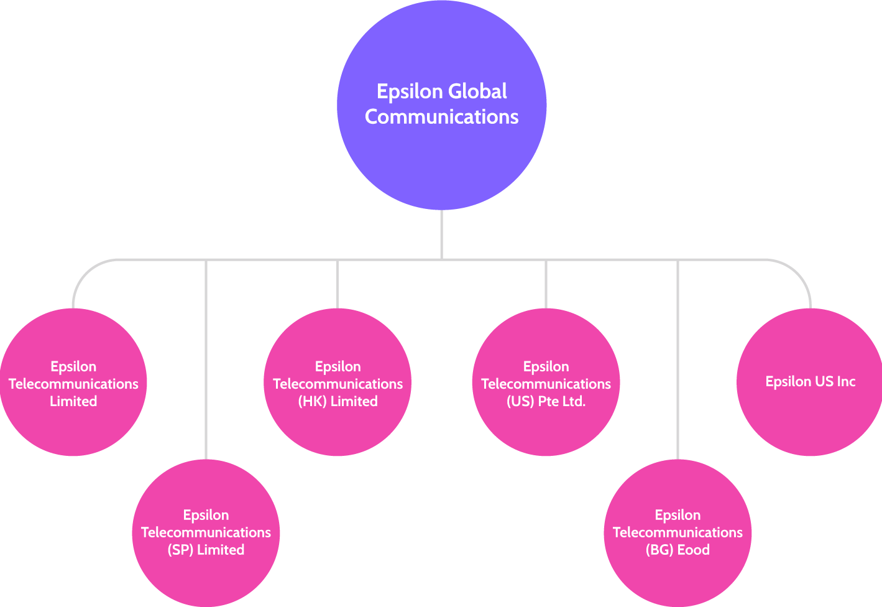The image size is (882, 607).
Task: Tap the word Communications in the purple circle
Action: [x=441, y=117]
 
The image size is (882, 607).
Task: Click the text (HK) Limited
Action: [x=338, y=402]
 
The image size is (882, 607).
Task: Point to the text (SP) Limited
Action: [x=206, y=550]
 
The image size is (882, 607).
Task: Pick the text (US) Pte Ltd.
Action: [x=546, y=402]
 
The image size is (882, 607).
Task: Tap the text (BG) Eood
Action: [x=678, y=550]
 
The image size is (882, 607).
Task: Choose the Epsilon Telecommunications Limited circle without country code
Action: [x=73, y=423]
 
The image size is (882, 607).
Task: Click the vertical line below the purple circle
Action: [x=441, y=234]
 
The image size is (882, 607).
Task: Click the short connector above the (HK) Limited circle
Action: [x=338, y=284]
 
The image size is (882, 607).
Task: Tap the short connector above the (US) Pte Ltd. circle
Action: [x=546, y=284]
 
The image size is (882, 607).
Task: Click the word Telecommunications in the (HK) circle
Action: [x=338, y=384]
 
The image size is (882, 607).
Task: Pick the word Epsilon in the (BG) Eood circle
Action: [x=678, y=516]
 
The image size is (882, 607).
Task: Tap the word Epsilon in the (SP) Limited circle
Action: [x=206, y=516]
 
